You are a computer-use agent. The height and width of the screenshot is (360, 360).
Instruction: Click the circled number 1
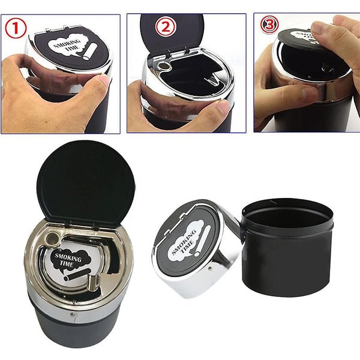point(16,27)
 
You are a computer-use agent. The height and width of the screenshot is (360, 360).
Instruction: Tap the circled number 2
point(166,27)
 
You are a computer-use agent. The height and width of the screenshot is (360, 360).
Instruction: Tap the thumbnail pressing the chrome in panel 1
point(103,80)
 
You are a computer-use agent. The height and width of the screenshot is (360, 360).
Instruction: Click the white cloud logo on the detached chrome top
point(185,240)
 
